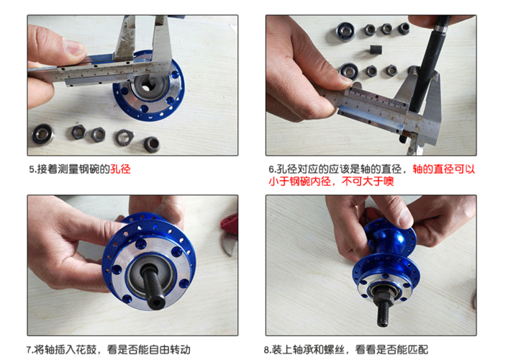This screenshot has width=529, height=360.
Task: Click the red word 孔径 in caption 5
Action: [120, 169]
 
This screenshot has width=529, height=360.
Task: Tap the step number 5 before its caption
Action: [32, 169]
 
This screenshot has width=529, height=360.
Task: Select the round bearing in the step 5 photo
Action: [42, 133]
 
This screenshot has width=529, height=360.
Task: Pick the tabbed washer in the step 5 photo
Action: [125, 137]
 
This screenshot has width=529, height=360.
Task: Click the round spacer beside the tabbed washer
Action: [152, 144]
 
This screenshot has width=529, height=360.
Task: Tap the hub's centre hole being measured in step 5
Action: [146, 86]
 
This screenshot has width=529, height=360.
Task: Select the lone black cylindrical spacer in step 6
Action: [376, 50]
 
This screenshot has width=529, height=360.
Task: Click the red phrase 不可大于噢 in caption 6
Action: [368, 181]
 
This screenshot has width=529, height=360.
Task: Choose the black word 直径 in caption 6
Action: [391, 169]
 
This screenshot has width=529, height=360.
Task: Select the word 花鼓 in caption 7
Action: [86, 349]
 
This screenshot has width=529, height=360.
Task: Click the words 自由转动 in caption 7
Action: [170, 349]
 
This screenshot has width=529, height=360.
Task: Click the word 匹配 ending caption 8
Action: [418, 349]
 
